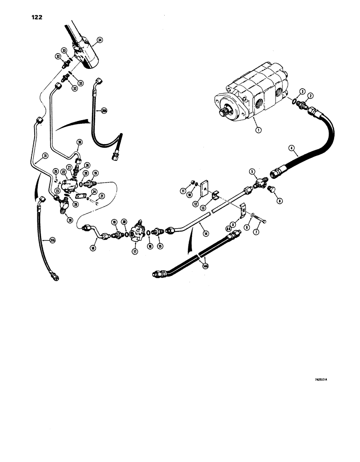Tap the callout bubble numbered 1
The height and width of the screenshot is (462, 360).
(258, 130)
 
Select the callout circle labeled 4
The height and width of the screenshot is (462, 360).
(291, 148)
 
